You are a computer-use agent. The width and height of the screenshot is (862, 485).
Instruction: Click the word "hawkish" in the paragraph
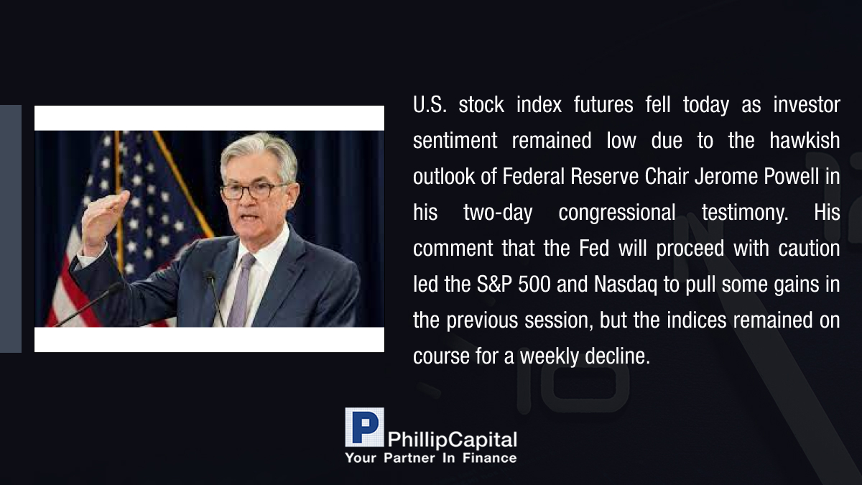(x=805, y=140)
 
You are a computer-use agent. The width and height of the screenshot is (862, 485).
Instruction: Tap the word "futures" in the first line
(x=603, y=105)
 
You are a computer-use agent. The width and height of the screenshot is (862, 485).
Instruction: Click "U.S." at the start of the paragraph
(x=430, y=105)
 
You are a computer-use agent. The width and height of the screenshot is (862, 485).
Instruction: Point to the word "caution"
(x=809, y=249)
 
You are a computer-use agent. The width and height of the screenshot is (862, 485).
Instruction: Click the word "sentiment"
(x=455, y=141)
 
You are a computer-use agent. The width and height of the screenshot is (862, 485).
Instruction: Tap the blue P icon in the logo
(x=364, y=427)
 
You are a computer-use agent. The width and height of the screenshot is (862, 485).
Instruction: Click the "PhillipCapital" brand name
(x=452, y=440)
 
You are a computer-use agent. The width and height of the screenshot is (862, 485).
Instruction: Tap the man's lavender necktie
(x=241, y=290)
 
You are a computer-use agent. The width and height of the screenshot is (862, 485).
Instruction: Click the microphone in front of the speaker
(x=214, y=296)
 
